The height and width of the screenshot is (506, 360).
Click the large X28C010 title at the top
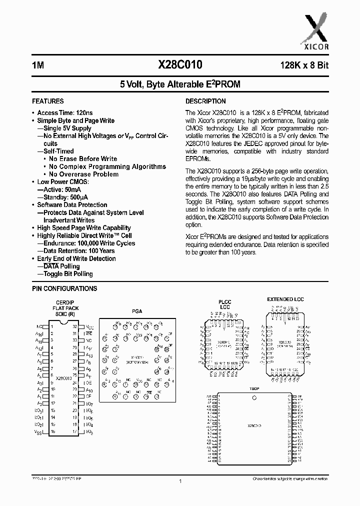(x=180, y=65)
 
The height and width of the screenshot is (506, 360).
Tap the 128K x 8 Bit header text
(x=300, y=65)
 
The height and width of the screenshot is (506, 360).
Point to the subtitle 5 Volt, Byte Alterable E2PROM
(x=180, y=84)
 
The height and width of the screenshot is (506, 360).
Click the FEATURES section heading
(x=47, y=101)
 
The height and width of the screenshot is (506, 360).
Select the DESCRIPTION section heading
(x=205, y=101)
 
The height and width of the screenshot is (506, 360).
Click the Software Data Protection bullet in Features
(x=72, y=205)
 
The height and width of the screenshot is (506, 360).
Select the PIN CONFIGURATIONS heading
(x=64, y=288)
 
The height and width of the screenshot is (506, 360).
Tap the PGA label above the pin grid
(x=137, y=311)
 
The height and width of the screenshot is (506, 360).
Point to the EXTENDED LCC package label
(x=285, y=299)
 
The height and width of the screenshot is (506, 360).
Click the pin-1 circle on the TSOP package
(x=255, y=398)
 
